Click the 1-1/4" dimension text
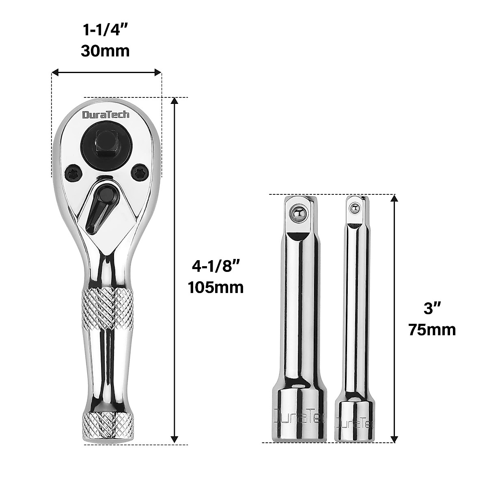click(106, 30)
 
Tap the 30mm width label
click(106, 51)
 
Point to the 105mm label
click(215, 287)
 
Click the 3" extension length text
click(432, 309)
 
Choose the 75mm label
click(432, 330)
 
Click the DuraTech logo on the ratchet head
click(106, 115)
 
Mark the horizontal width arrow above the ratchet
click(107, 73)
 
